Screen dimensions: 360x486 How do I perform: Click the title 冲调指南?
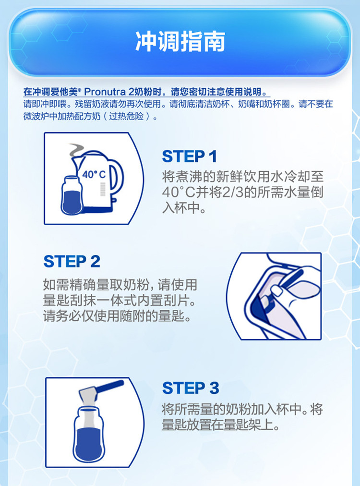[180, 41]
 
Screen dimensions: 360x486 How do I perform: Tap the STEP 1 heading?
[189, 156]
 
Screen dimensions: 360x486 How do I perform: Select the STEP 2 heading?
[72, 261]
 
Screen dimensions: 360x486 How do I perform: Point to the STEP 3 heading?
[191, 388]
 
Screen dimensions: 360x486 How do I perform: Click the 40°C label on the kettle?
[94, 174]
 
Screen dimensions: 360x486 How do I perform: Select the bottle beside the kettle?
[72, 195]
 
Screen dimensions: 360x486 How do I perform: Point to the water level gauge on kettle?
[103, 189]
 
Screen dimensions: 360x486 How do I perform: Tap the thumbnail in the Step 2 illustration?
[276, 291]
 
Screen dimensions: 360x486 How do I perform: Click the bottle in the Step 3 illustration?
[89, 434]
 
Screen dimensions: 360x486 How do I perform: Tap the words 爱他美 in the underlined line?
[64, 92]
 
